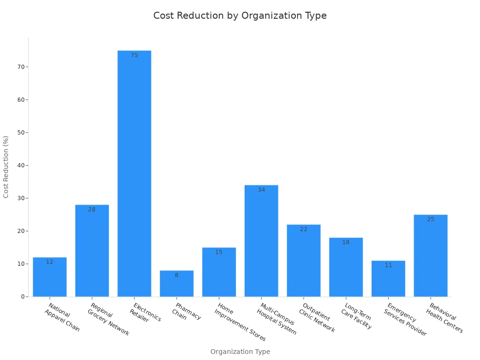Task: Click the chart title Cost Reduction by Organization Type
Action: pos(240,15)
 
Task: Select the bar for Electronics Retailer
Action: pos(134,173)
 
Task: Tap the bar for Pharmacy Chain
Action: pos(177,284)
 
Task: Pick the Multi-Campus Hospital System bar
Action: pos(261,241)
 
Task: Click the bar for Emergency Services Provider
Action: pos(388,279)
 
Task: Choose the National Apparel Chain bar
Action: pos(50,277)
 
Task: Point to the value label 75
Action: pos(135,55)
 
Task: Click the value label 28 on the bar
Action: pos(92,210)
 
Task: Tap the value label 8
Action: pos(177,275)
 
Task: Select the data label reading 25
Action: pos(430,219)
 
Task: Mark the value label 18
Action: pos(346,242)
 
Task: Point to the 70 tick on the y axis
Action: pos(21,67)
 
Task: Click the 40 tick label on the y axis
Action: pos(21,165)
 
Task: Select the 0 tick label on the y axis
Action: pos(22,297)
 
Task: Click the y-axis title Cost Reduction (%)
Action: pos(6,167)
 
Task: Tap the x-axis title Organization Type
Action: pos(240,352)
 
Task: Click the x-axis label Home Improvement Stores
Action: pos(240,322)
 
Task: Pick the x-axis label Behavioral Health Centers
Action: pos(446,318)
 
